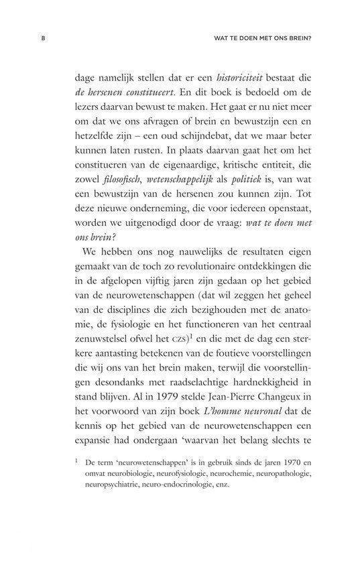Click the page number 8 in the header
click(x=42, y=38)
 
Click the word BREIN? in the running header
click(x=302, y=38)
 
